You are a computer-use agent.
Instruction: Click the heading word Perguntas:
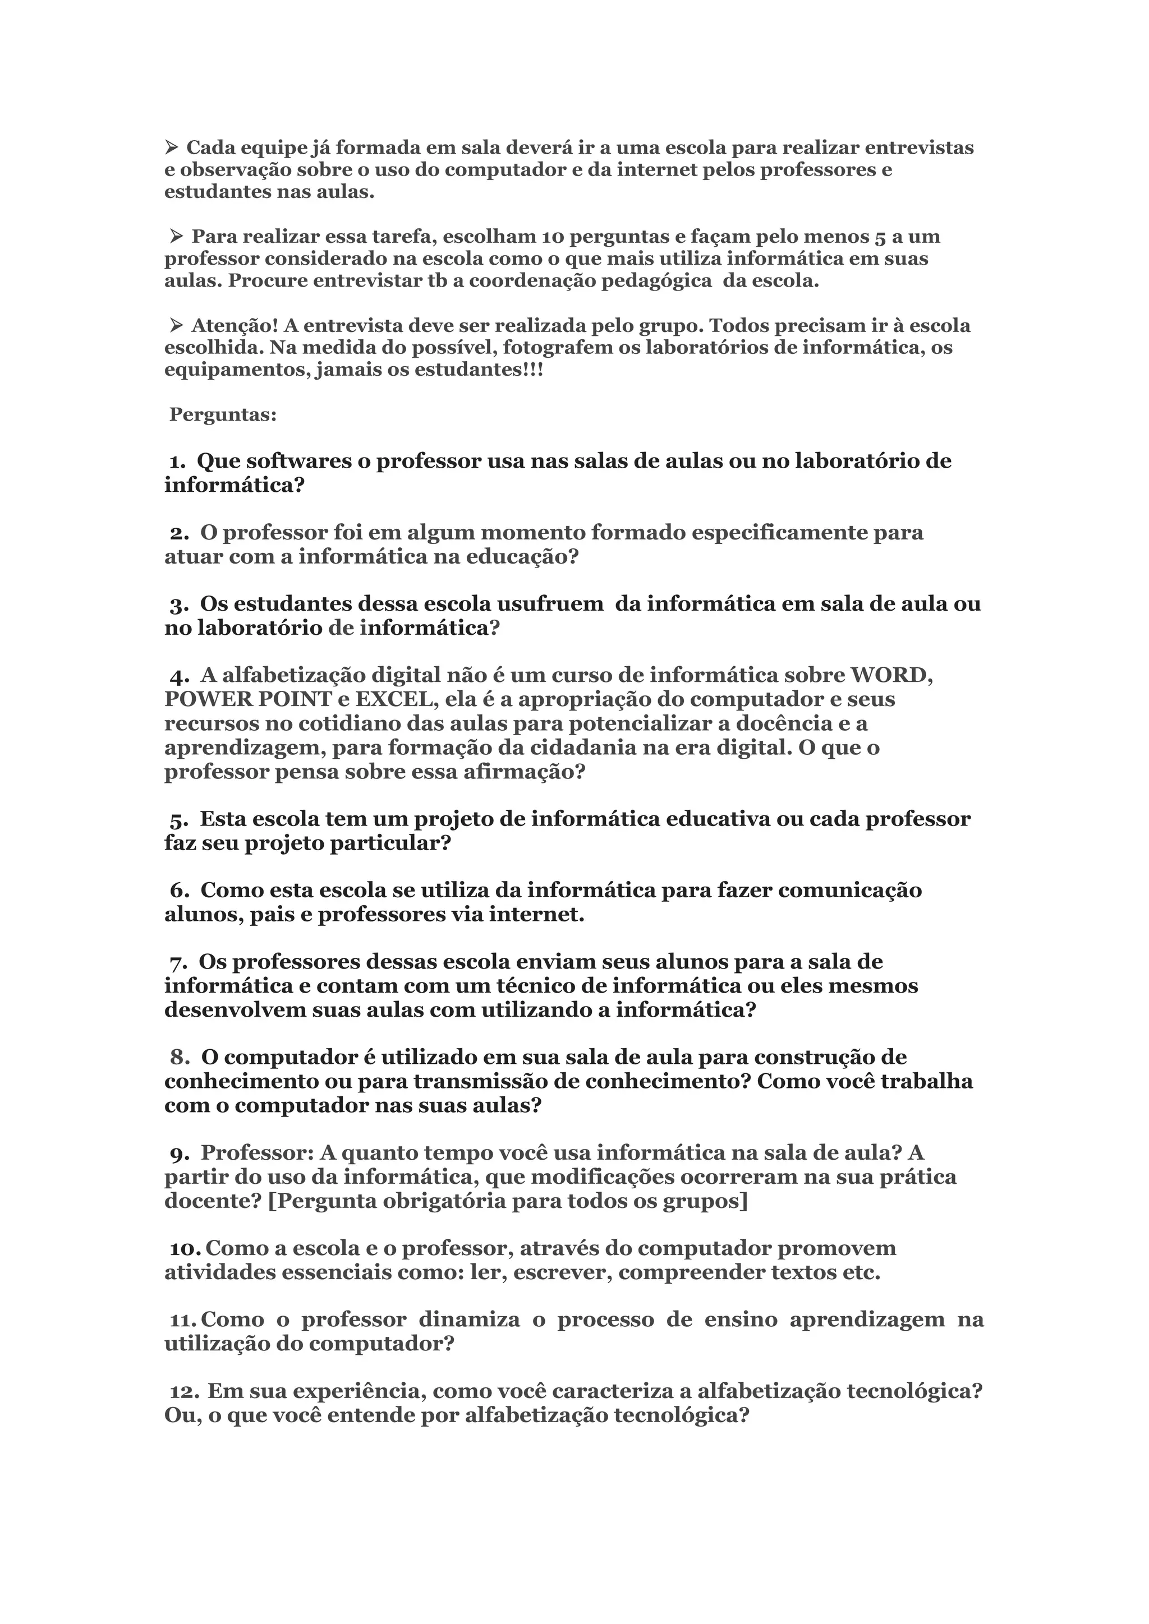click(x=223, y=414)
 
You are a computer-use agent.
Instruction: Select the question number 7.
click(x=178, y=962)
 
